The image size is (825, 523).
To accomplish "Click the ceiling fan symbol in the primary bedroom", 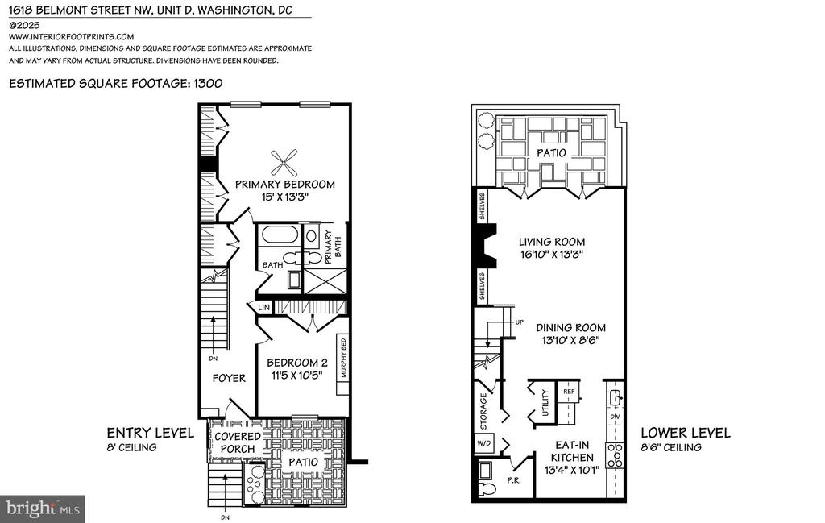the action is tap(284, 162).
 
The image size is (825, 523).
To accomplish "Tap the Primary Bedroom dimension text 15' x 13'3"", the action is tap(284, 197).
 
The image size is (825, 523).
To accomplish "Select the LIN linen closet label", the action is tap(263, 307).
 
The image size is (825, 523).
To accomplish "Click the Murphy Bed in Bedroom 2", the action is tap(343, 365).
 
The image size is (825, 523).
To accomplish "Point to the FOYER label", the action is tap(229, 378).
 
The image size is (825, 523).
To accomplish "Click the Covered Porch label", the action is tap(238, 442).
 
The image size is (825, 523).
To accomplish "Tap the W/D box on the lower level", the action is tap(484, 443).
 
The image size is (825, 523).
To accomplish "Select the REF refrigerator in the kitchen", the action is tap(568, 392).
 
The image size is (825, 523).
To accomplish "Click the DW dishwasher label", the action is tap(615, 417).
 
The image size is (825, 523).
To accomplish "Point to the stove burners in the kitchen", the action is tap(615, 455).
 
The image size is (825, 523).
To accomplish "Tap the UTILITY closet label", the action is tap(545, 402).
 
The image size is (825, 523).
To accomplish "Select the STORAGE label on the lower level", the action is tap(483, 412).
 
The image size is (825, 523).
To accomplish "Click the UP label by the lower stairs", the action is tap(520, 322).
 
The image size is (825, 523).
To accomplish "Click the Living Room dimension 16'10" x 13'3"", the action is tap(551, 255).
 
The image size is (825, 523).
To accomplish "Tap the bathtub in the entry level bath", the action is tap(280, 235).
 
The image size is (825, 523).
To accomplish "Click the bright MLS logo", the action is tap(42, 508).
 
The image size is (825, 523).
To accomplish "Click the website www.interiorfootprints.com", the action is tap(71, 37).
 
